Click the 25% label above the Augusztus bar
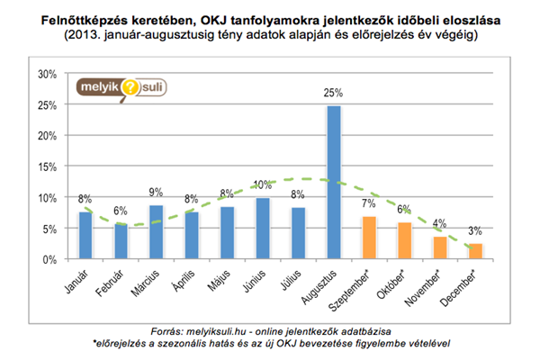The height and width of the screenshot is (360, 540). [334, 93]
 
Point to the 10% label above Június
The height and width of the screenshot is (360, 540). [262, 185]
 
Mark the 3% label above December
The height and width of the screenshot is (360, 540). [475, 231]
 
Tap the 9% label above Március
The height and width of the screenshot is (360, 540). [157, 192]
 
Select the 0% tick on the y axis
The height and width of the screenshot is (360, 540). [49, 259]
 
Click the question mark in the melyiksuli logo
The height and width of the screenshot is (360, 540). [130, 87]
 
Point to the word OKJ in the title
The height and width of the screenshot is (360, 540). [233, 18]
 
